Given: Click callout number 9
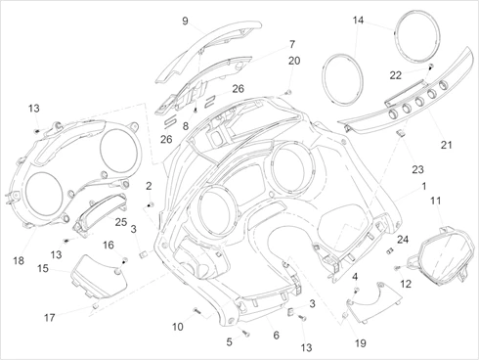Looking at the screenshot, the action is (x=185, y=22).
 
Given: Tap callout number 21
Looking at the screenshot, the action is (x=447, y=145).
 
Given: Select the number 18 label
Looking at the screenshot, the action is (x=19, y=260).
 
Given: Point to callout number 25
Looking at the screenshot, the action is (x=121, y=222).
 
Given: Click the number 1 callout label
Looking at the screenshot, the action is (x=424, y=187).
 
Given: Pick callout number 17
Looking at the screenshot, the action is (x=50, y=317).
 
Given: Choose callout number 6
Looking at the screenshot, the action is (x=277, y=335).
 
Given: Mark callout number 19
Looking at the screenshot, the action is (x=361, y=343).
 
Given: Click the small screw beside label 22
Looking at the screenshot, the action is (x=431, y=67).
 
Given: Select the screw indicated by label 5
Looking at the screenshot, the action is (x=245, y=333).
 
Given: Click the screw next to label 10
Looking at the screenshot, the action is (x=196, y=311).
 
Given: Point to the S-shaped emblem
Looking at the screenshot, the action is (x=170, y=123).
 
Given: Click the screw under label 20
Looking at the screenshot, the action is (x=287, y=92).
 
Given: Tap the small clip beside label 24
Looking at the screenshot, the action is (x=390, y=250).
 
